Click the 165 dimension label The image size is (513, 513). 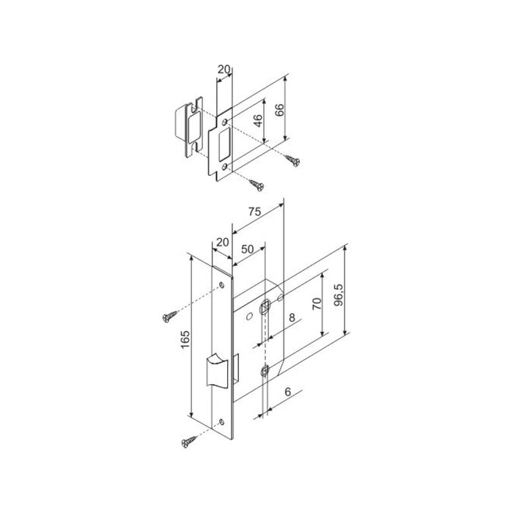(185, 339)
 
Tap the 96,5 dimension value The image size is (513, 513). (339, 295)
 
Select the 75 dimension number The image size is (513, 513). (254, 212)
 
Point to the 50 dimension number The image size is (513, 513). (248, 249)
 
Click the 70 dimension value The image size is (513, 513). (317, 303)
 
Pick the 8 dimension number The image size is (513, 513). (292, 317)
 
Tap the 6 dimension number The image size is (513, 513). (288, 391)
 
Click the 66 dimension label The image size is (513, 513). (279, 110)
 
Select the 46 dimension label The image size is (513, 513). (258, 121)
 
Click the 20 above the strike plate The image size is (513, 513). (224, 70)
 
